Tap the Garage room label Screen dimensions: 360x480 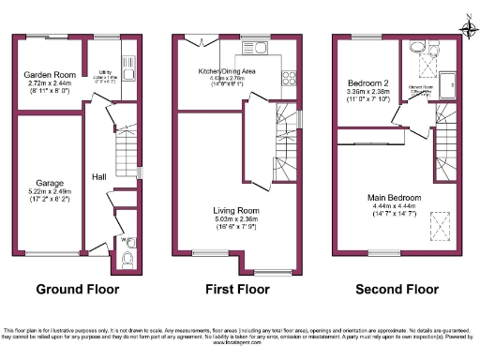point(49,182)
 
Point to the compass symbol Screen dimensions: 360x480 point(468,29)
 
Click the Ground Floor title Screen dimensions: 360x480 point(78,290)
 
